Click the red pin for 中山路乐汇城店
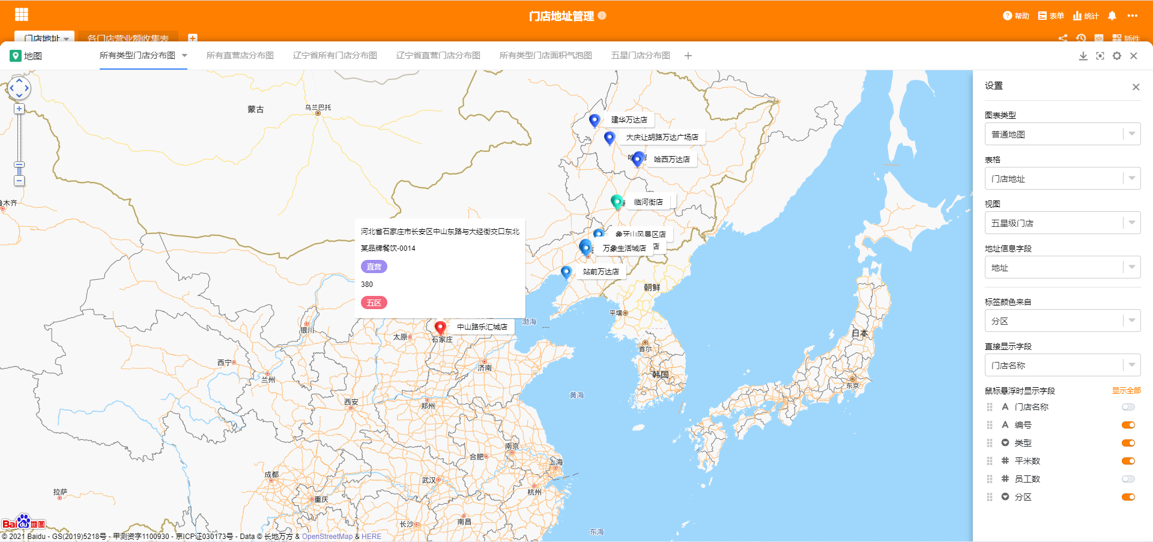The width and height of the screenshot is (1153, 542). (440, 327)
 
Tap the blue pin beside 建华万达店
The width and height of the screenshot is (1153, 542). (595, 120)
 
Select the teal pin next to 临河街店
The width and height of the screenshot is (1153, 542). (616, 201)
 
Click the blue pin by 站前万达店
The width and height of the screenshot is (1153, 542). (566, 272)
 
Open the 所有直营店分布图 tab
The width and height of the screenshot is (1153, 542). (240, 56)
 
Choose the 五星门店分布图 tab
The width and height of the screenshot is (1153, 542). (640, 56)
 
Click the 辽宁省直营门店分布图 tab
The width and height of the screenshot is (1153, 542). (438, 56)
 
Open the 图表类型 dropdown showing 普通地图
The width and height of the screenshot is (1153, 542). (1062, 134)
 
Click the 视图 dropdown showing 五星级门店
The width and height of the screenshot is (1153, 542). (1062, 223)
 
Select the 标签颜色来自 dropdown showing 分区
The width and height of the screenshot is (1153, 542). (1062, 321)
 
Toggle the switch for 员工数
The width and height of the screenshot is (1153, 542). (1128, 479)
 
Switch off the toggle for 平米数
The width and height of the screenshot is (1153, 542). (1128, 461)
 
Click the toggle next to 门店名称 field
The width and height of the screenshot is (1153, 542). (1128, 407)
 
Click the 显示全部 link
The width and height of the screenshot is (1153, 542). (1126, 391)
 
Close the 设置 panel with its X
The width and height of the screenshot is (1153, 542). (1136, 87)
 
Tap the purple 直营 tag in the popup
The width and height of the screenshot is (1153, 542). (374, 266)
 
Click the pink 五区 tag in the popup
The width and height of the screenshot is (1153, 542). (374, 303)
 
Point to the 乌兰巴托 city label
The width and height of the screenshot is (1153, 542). (318, 108)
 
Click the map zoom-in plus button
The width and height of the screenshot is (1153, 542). (19, 109)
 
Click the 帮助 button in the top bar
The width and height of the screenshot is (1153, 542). (1016, 16)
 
